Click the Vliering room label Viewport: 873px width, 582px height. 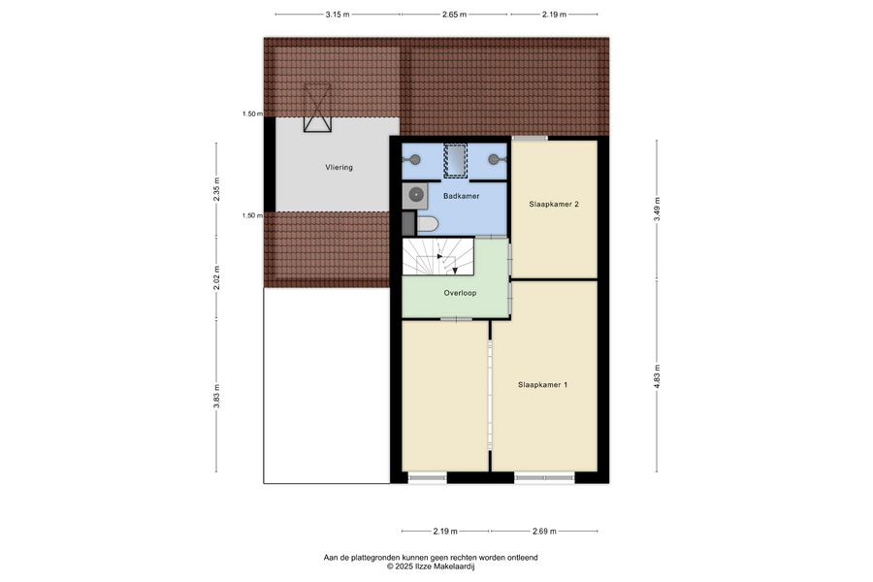[x=339, y=167]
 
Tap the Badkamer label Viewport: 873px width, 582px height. [x=461, y=196]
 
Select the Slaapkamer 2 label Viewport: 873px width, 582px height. [x=554, y=204]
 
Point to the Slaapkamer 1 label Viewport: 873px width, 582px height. [x=543, y=384]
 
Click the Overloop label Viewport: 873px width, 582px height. [x=460, y=293]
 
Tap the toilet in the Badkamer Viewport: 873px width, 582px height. [x=427, y=224]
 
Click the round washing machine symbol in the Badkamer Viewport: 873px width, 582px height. [x=415, y=196]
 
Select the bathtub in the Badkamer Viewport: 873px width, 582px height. [x=456, y=161]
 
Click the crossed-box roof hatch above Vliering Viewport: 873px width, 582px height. [x=317, y=108]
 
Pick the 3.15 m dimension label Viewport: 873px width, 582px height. [x=338, y=15]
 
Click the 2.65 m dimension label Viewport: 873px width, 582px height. [x=454, y=15]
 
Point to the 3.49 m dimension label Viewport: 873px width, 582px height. [x=657, y=210]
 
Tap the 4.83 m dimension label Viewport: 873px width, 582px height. [x=657, y=376]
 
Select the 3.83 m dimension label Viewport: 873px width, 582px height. [x=216, y=396]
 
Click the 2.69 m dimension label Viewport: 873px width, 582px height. [x=544, y=532]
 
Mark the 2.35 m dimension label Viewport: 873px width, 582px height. [x=216, y=189]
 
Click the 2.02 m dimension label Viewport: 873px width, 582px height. [x=216, y=277]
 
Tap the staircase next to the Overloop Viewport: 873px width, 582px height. [x=438, y=257]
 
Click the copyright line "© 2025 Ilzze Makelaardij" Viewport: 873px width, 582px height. [x=431, y=566]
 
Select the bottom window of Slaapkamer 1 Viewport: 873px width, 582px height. [x=544, y=477]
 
